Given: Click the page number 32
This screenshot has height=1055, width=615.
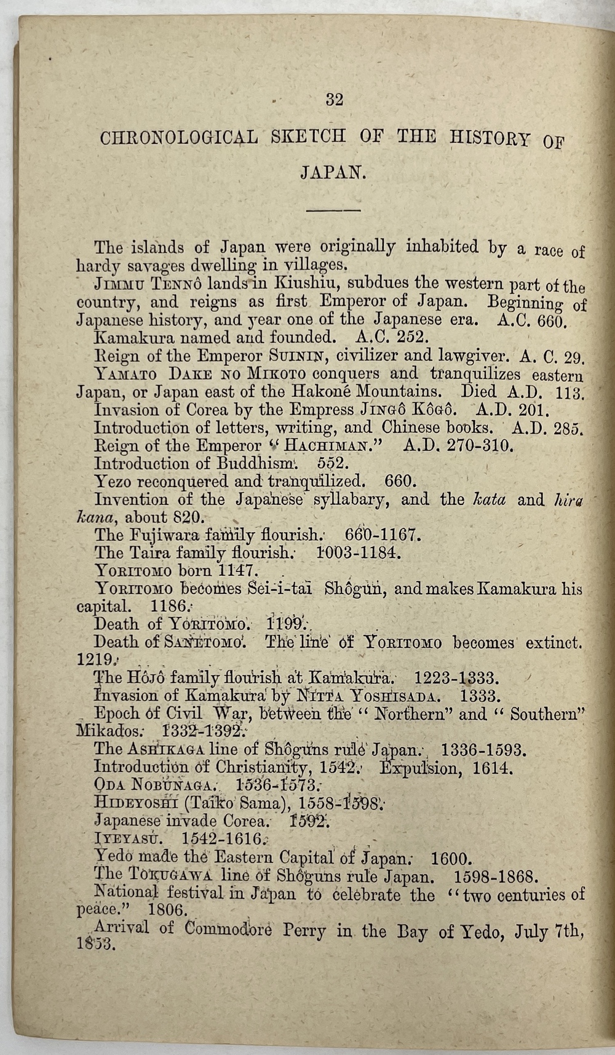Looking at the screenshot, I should [335, 100].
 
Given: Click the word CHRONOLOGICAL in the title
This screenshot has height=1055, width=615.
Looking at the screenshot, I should [179, 137].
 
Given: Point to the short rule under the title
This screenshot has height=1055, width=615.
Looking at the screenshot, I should [333, 210].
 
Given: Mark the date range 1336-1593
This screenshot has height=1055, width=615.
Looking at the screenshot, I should [483, 750].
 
